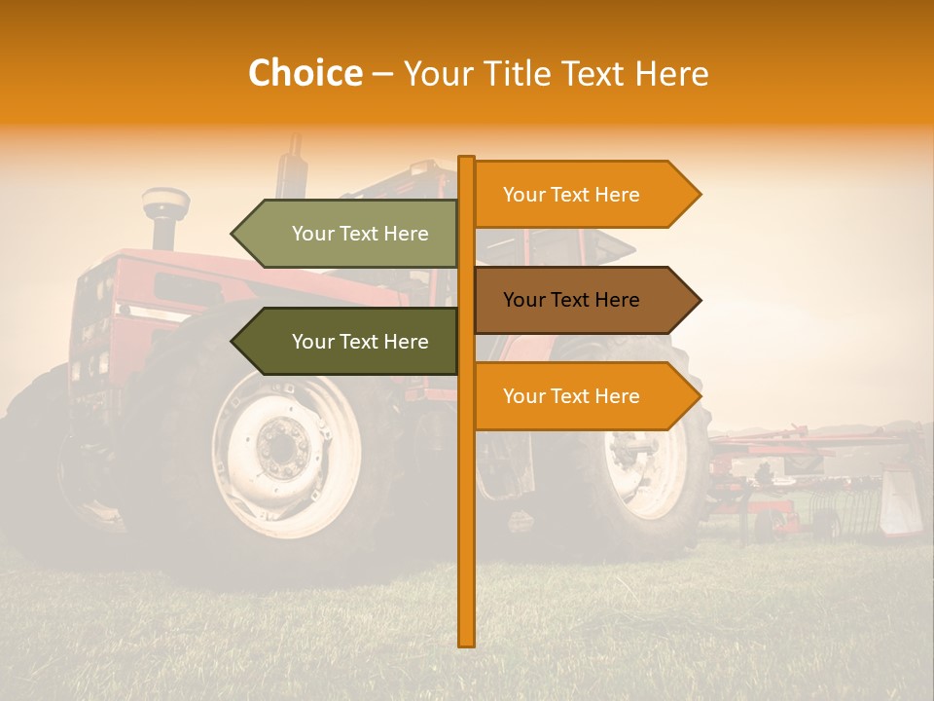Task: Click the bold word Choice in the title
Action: tap(305, 73)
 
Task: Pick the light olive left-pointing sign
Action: tap(350, 234)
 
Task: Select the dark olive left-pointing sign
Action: tap(350, 342)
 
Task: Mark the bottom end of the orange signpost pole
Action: tap(467, 643)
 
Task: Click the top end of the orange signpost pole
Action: tap(467, 159)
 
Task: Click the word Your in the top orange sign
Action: tap(523, 195)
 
